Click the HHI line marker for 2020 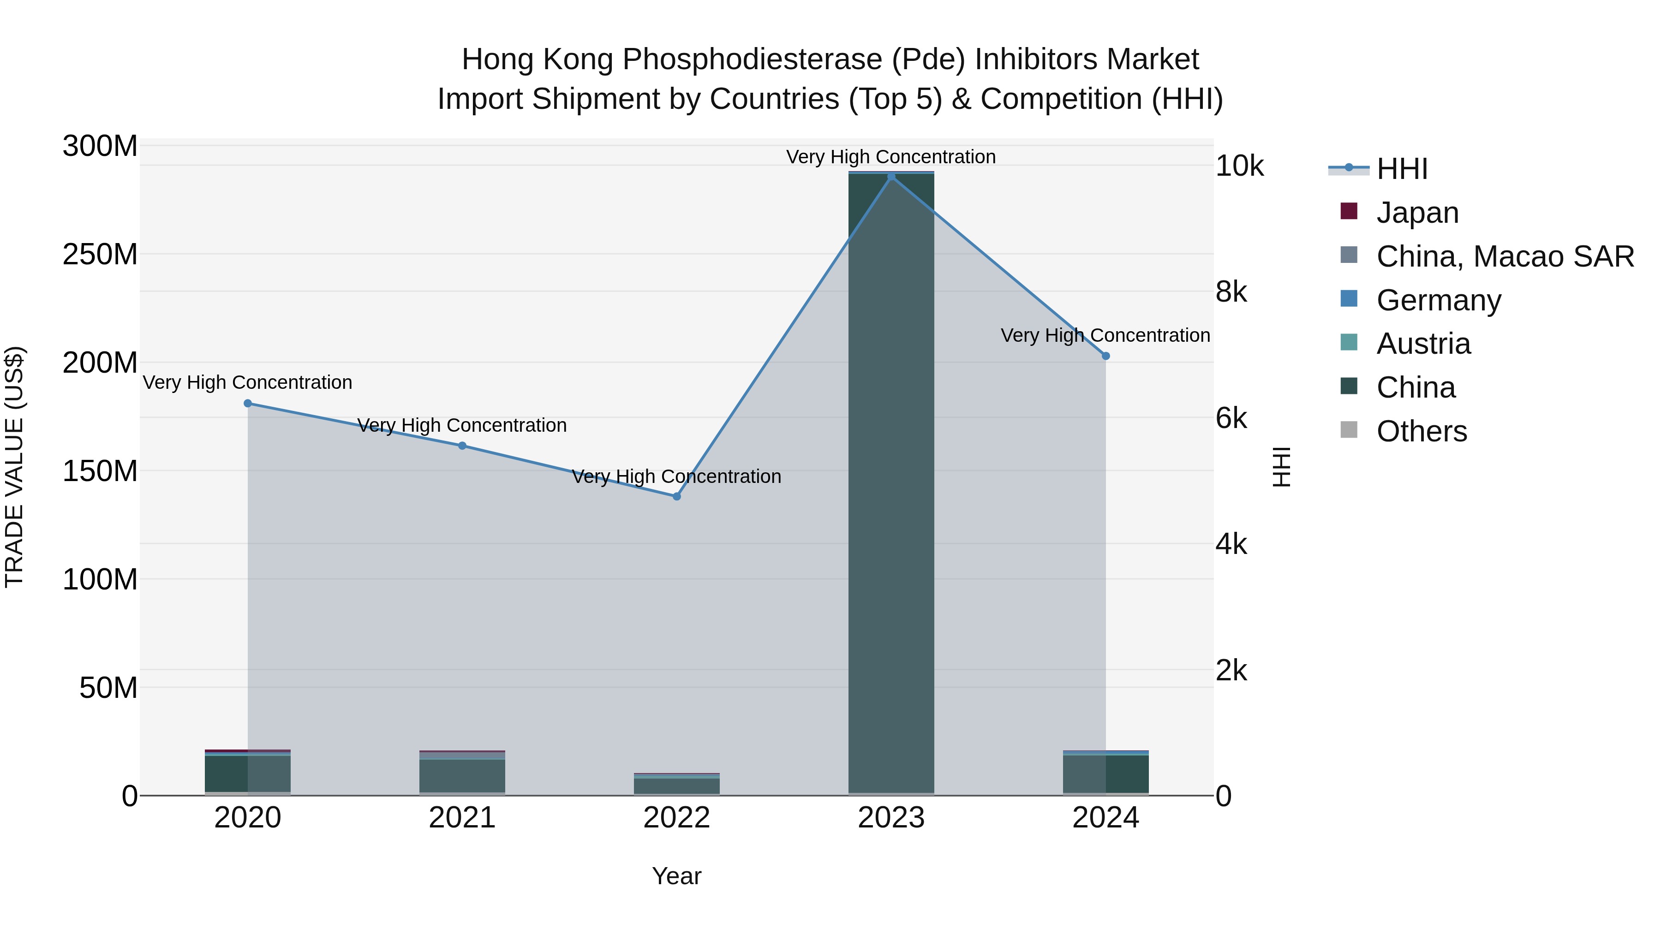(x=248, y=404)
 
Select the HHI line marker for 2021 (x=462, y=446)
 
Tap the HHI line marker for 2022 (x=676, y=496)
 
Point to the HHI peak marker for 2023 (x=891, y=177)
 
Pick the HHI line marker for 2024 (x=1106, y=356)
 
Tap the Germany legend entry (x=1438, y=300)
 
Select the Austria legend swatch (x=1349, y=343)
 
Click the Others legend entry (x=1421, y=431)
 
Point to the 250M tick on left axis (x=100, y=255)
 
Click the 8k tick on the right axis (x=1231, y=292)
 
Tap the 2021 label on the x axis (x=462, y=818)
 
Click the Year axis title (x=676, y=876)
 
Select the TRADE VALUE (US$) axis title (x=14, y=467)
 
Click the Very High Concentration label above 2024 (x=1105, y=335)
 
